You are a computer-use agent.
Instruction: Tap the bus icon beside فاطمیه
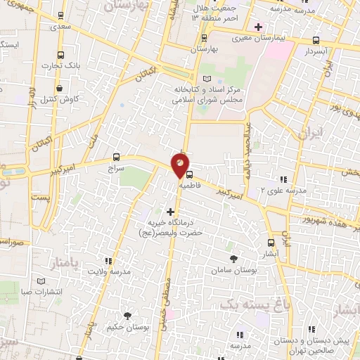point(188,176)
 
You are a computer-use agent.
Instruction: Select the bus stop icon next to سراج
point(116,157)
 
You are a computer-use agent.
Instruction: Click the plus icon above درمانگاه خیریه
point(169,211)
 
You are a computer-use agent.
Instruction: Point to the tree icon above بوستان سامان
point(233,259)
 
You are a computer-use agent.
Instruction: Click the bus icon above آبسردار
point(316,40)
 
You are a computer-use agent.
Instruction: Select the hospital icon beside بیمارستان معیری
point(258,27)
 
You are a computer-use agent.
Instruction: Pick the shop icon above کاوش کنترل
point(61,89)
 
